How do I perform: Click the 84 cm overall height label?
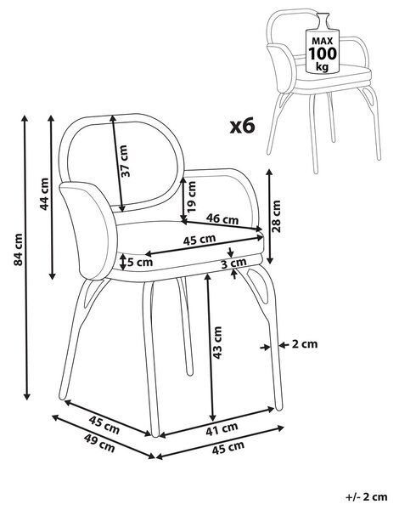[x=19, y=249]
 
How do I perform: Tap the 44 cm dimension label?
[x=43, y=194]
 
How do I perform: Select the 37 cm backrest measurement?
[x=125, y=161]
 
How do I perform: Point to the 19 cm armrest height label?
[x=192, y=196]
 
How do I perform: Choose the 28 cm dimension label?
[x=276, y=216]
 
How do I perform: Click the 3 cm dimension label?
[x=233, y=263]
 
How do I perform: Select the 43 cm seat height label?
[x=217, y=343]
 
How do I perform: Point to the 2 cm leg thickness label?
[x=305, y=343]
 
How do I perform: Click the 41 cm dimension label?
[x=222, y=428]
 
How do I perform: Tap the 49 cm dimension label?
[x=99, y=444]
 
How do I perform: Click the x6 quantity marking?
[x=243, y=126]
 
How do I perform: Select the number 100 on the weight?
[x=323, y=54]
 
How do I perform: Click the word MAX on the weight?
[x=323, y=41]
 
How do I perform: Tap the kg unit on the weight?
[x=323, y=66]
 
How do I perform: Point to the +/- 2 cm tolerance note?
[x=367, y=497]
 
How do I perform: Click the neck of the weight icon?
[x=323, y=20]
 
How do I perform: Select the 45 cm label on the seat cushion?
[x=199, y=240]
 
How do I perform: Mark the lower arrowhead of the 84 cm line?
[x=27, y=396]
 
